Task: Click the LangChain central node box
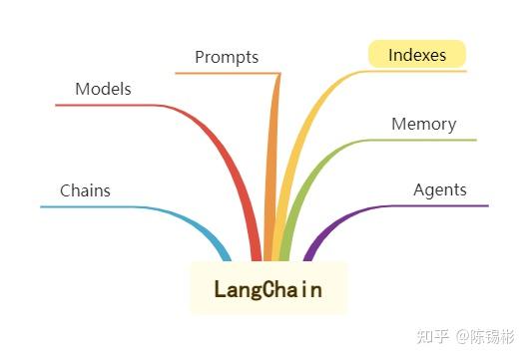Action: pos(268,288)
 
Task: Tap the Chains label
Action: pos(85,190)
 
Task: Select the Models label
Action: pos(103,89)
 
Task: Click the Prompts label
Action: pos(227,57)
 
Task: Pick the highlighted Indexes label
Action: pos(417,55)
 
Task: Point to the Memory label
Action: pos(423,125)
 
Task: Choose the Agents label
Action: pos(439,189)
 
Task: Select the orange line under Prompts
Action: pos(225,73)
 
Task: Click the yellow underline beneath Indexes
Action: pos(419,71)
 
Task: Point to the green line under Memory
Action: pos(429,141)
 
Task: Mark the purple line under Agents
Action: pos(439,206)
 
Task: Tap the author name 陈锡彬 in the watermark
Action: pos(492,336)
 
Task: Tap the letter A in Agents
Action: pos(419,189)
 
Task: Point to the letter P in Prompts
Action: pos(200,57)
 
